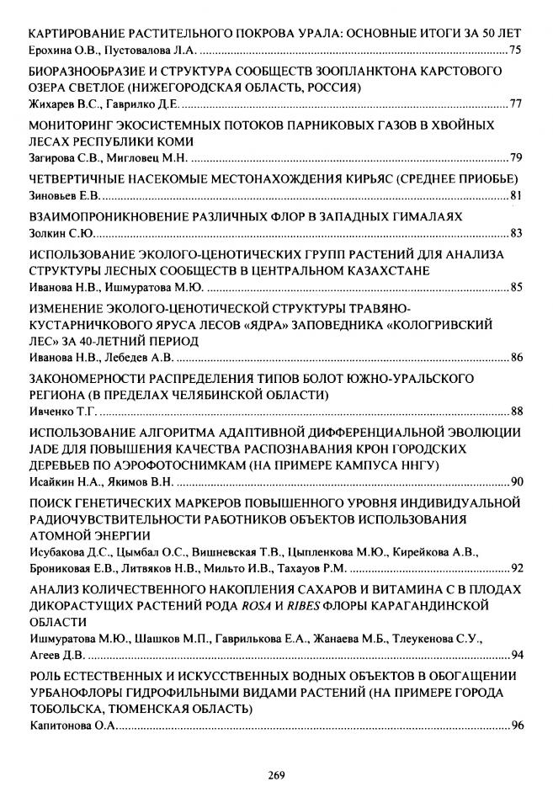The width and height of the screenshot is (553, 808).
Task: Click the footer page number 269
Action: pos(277,775)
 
